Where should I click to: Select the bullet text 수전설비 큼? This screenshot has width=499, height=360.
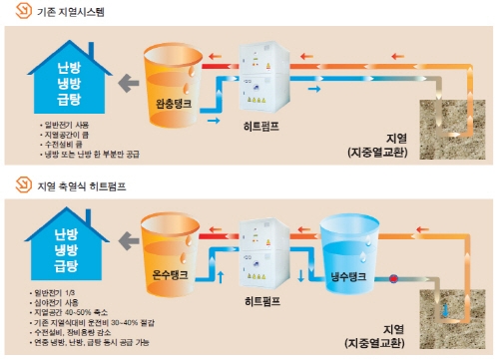click(56, 144)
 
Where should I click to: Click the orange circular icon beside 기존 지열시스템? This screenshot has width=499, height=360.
click(22, 13)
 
